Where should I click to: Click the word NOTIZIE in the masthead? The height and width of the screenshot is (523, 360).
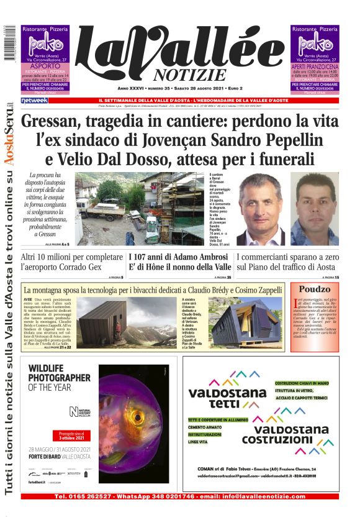181,75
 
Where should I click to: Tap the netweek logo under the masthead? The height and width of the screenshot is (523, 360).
34,100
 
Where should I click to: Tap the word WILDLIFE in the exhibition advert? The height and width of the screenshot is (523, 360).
52,368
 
